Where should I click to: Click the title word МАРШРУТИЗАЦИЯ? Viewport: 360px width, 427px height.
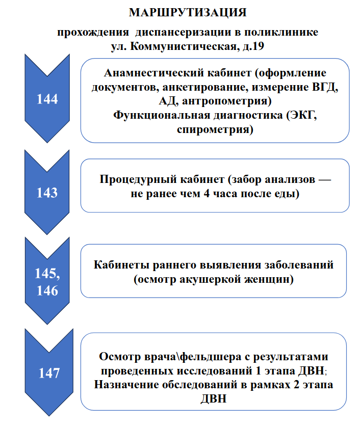(188, 13)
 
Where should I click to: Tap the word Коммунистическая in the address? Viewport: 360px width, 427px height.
(183, 46)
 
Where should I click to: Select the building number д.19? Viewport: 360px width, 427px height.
(253, 46)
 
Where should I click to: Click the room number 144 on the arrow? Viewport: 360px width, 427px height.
(47, 99)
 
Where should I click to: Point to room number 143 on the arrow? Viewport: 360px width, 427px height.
(47, 193)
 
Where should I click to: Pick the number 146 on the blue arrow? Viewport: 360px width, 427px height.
(47, 290)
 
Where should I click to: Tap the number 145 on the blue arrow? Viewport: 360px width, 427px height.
(46, 273)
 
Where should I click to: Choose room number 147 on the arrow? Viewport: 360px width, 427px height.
(49, 373)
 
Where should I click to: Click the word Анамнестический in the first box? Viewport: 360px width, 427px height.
(152, 73)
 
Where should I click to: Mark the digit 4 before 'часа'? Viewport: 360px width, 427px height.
(207, 194)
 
